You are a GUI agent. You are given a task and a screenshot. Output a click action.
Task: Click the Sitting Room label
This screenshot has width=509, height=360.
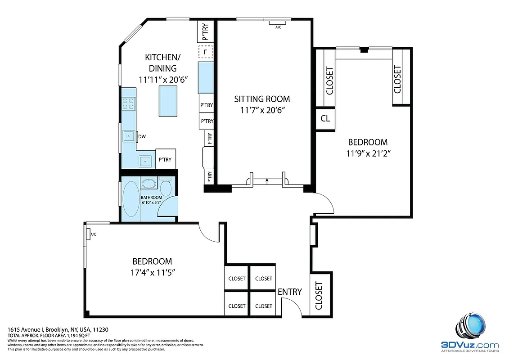[x=262, y=99]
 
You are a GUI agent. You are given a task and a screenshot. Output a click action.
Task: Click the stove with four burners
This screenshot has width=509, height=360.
[x=128, y=104]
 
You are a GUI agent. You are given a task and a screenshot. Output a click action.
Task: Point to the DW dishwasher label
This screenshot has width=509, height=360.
[x=141, y=136]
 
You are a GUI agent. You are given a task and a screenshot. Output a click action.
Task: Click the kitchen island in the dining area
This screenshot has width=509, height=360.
[x=167, y=101]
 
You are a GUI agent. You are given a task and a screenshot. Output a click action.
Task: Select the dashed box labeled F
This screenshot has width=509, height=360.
[x=206, y=52]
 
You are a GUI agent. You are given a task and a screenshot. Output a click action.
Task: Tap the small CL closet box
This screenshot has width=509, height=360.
[x=325, y=119]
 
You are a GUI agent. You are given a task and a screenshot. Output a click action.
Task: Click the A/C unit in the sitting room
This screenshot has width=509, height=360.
[x=278, y=22]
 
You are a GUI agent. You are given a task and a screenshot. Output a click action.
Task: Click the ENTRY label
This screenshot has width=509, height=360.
[x=289, y=292]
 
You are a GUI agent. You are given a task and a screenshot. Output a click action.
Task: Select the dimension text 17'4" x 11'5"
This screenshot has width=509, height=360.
[x=152, y=272]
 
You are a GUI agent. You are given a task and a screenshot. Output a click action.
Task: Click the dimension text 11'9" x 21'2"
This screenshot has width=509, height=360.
[x=367, y=153]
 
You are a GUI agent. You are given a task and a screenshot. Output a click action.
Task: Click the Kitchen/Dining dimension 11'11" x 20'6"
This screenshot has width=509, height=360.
[x=163, y=79]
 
